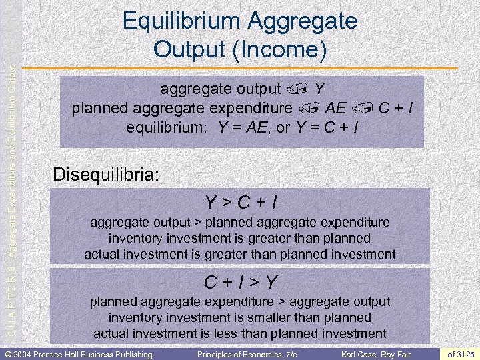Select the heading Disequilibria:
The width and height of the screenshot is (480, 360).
tap(106, 175)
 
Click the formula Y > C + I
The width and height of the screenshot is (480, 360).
tap(240, 202)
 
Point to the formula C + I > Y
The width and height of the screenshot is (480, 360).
tap(240, 283)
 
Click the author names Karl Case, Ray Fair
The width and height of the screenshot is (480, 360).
tap(377, 354)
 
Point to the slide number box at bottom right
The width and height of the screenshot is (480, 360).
tap(460, 354)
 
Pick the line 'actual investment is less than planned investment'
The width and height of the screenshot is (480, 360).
tap(240, 333)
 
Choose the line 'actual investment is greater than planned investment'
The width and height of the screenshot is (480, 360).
tap(240, 254)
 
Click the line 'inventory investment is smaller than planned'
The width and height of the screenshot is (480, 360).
tap(240, 318)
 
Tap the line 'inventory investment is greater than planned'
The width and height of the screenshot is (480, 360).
tap(240, 238)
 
